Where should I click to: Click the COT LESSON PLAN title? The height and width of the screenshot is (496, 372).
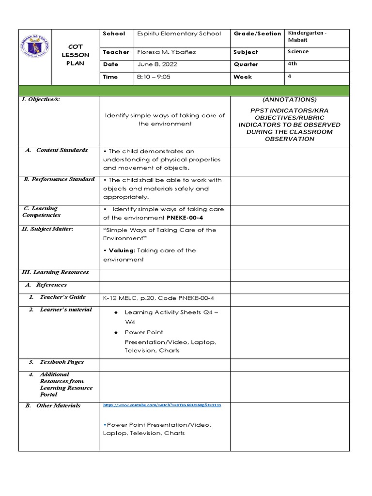tap(76, 55)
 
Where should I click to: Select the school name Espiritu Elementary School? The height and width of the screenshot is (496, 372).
tap(179, 33)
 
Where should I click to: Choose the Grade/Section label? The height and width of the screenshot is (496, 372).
tap(257, 33)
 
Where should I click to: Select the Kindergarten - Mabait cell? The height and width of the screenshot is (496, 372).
tap(308, 37)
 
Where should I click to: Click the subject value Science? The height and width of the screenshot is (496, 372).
tap(298, 51)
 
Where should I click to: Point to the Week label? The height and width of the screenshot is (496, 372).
tap(243, 77)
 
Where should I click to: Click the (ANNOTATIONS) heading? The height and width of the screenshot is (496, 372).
tap(289, 100)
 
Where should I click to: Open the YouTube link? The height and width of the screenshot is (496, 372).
tap(162, 404)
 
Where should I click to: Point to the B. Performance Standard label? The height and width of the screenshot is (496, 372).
tap(59, 179)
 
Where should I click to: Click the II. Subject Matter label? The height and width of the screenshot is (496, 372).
tap(48, 229)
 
